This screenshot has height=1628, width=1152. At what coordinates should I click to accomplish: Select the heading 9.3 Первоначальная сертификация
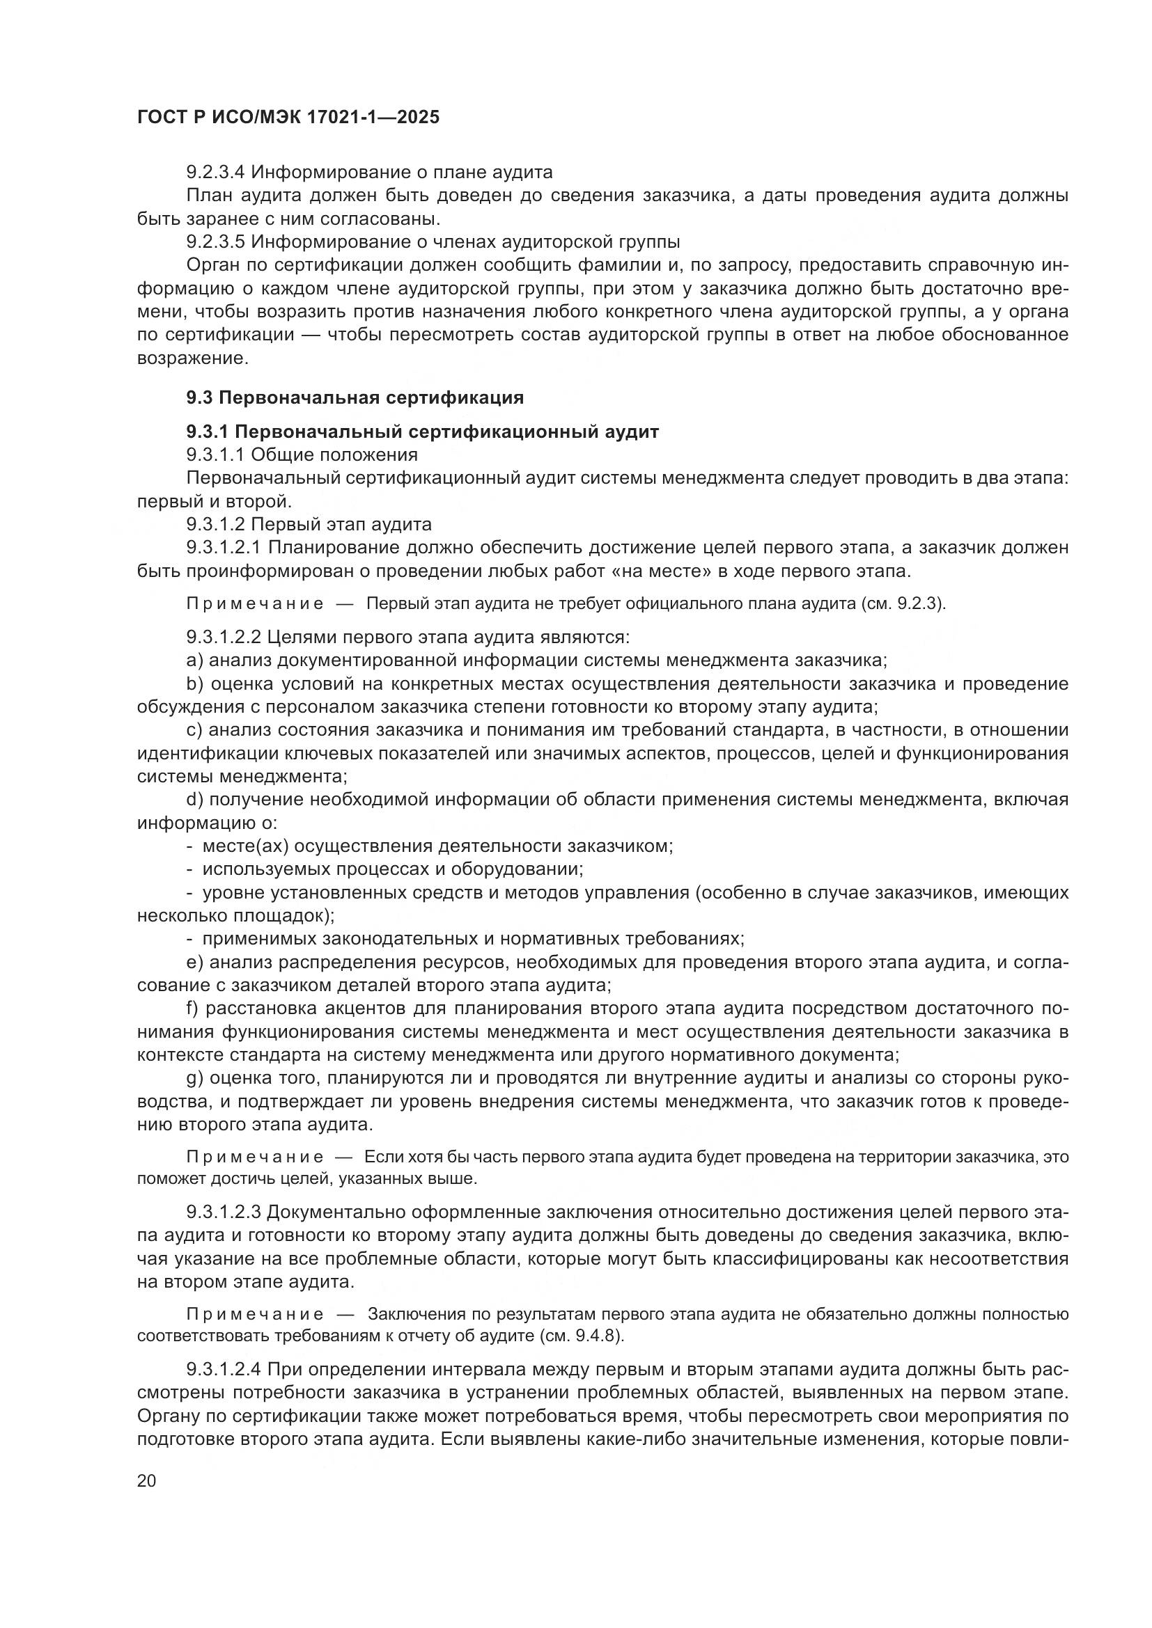(355, 398)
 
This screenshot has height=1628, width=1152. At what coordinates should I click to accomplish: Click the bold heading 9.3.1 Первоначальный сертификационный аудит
(422, 432)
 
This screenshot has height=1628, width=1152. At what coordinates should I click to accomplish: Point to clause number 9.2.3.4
(216, 173)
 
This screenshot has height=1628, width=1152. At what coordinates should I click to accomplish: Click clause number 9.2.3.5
(216, 242)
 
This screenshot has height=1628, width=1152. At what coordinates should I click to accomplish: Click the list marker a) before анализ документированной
(194, 661)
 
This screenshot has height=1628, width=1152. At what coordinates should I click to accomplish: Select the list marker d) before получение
(194, 800)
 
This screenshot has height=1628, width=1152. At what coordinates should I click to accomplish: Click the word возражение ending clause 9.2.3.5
(192, 358)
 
